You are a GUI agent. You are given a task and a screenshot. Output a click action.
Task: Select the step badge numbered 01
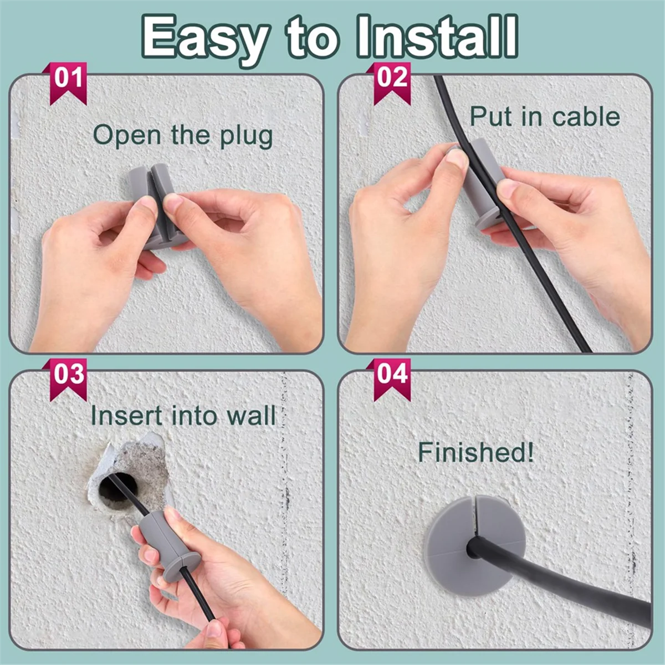(68, 81)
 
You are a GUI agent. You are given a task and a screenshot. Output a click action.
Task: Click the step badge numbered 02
(392, 81)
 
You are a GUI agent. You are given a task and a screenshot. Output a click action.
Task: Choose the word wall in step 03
(253, 416)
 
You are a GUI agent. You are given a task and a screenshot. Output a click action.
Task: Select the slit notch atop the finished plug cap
(477, 507)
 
